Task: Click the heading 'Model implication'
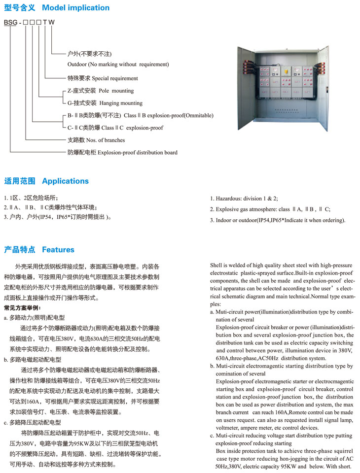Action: (75, 8)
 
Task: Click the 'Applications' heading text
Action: (65, 181)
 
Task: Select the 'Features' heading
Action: (58, 249)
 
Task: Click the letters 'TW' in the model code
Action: (49, 22)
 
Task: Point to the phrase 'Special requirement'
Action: (115, 78)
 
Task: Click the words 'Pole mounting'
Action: (116, 91)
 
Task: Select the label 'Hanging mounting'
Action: (121, 103)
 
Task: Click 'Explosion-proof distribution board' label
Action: (137, 152)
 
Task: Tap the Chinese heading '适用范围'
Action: (20, 181)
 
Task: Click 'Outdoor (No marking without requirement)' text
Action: (118, 64)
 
